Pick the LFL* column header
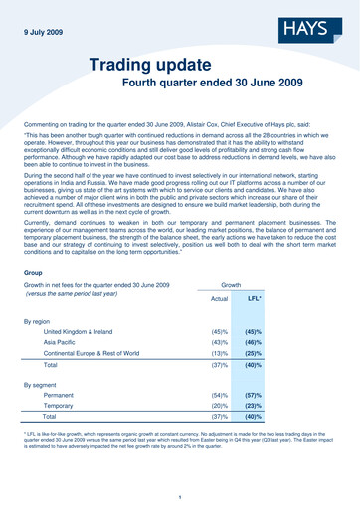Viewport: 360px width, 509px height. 254,298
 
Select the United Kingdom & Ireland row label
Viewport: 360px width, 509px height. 88,335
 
